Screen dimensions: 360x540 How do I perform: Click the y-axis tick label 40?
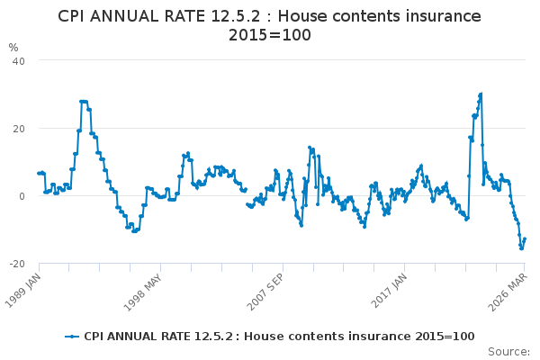(x=19, y=60)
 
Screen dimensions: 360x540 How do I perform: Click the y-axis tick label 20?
(x=19, y=128)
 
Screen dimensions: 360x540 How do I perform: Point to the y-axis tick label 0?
(x=22, y=195)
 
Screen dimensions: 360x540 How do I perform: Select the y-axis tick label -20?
(x=17, y=263)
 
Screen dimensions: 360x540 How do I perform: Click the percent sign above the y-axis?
(x=13, y=47)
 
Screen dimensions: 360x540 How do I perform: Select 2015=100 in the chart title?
(x=269, y=35)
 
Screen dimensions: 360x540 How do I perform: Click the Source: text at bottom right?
(x=509, y=351)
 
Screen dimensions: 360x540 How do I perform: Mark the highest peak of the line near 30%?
(x=481, y=94)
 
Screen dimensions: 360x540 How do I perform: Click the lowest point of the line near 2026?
(x=521, y=248)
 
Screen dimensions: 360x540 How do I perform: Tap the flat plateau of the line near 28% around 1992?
(x=84, y=102)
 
